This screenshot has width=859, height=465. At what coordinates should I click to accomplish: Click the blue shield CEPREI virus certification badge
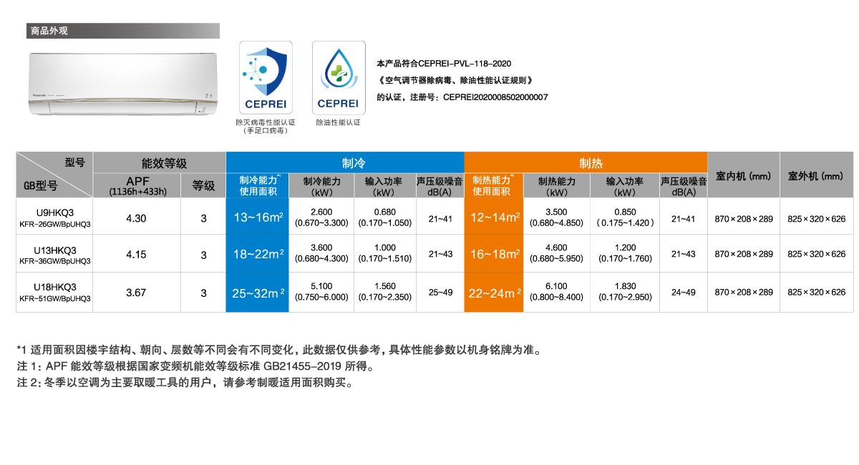[x=266, y=77]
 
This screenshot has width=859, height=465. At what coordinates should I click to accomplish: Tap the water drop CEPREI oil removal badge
[x=339, y=77]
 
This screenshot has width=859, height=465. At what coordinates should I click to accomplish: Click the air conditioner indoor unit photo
[x=123, y=84]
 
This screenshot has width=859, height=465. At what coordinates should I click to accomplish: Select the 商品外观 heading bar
[x=123, y=31]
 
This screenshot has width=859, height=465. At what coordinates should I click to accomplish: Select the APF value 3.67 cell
[x=137, y=292]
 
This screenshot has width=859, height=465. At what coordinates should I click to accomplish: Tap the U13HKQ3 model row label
[x=54, y=254]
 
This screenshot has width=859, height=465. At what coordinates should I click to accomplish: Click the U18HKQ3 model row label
[x=54, y=292]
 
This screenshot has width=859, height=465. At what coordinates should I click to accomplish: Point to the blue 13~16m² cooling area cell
[x=257, y=217]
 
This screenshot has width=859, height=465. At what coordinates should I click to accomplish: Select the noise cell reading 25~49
[x=440, y=292]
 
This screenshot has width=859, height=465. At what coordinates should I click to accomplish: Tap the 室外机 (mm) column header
[x=817, y=175]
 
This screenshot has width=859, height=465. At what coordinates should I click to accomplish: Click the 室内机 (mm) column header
[x=744, y=175]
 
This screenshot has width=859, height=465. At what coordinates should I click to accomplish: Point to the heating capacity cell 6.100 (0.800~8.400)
[x=556, y=292]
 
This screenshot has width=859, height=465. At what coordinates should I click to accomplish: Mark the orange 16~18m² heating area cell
[x=494, y=254]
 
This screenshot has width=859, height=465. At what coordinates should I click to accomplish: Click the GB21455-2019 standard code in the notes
[x=302, y=366]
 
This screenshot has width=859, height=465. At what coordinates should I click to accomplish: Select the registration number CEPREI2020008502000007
[x=495, y=97]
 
